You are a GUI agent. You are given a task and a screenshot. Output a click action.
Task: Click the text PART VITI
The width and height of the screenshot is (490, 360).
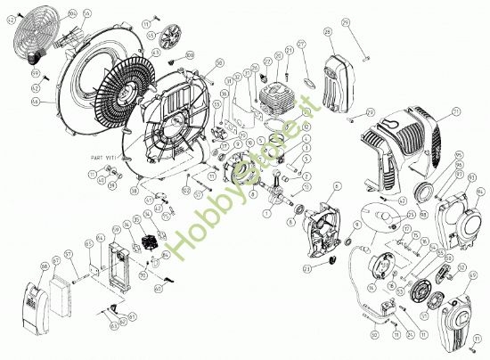[104, 157]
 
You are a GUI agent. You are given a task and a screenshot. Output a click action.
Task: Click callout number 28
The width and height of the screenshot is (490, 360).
[329, 33]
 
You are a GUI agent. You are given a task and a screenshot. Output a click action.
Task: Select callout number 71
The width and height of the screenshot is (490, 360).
[455, 112]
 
